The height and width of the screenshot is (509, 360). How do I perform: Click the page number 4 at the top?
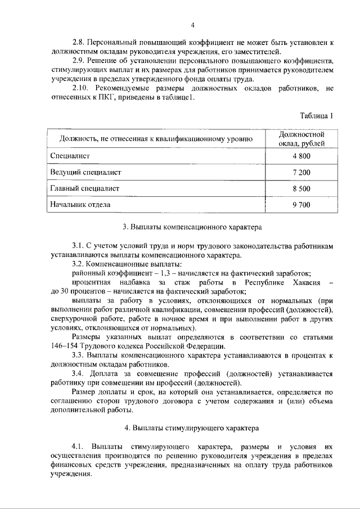(192, 25)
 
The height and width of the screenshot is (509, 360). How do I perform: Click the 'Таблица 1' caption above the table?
(317, 116)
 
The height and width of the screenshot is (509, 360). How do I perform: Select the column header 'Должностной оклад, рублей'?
(301, 138)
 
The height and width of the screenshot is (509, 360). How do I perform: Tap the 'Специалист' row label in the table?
(70, 155)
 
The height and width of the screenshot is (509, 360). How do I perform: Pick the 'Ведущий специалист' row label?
(85, 172)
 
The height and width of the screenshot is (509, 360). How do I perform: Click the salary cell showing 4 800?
(301, 155)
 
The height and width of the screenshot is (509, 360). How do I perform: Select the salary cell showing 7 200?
(301, 172)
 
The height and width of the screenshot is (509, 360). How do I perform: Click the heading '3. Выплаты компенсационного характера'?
(192, 228)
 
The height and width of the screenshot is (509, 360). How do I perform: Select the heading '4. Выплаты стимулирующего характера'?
(192, 427)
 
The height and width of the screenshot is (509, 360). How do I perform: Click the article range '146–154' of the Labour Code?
(65, 345)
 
